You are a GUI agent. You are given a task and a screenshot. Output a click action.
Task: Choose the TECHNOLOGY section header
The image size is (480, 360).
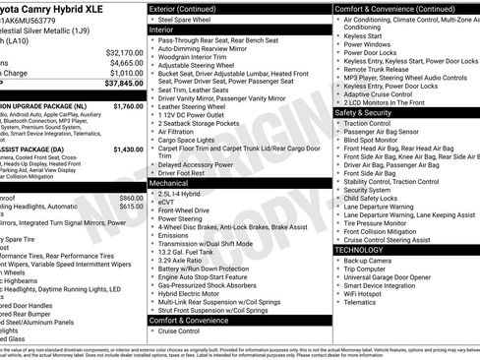[359, 250]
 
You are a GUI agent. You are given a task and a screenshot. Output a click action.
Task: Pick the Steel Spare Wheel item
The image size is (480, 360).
[192, 19]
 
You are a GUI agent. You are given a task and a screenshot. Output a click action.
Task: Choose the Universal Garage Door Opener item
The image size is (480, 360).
[391, 278]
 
